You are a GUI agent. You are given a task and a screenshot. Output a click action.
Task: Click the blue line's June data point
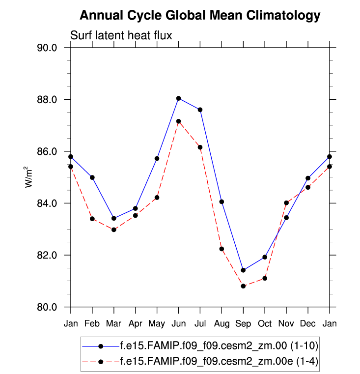point(179,98)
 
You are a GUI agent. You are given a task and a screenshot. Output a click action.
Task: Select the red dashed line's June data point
point(179,121)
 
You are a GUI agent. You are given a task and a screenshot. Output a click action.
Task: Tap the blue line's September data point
point(243,270)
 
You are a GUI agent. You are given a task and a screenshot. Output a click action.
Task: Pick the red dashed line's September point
point(243,286)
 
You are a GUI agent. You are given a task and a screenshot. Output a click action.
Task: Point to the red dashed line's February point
point(92,219)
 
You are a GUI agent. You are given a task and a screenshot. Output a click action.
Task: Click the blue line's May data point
point(157,158)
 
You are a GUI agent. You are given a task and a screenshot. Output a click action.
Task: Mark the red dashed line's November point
point(286,202)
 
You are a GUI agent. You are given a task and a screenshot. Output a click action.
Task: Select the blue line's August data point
point(222,201)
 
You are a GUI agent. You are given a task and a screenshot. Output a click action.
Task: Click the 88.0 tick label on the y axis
point(48,100)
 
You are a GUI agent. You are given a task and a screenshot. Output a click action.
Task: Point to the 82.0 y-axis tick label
point(48,256)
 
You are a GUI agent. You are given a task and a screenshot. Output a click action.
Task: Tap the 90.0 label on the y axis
point(48,48)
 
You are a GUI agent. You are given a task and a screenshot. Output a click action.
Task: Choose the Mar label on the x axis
point(114,323)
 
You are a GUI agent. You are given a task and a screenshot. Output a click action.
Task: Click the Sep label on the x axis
point(243,323)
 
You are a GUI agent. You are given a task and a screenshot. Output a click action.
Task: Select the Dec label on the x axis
point(308,323)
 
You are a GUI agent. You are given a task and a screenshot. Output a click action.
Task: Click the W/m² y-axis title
point(29,177)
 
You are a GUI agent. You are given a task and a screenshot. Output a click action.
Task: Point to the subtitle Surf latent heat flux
point(120,35)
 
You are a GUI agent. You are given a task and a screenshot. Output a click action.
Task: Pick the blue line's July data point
point(200,110)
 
